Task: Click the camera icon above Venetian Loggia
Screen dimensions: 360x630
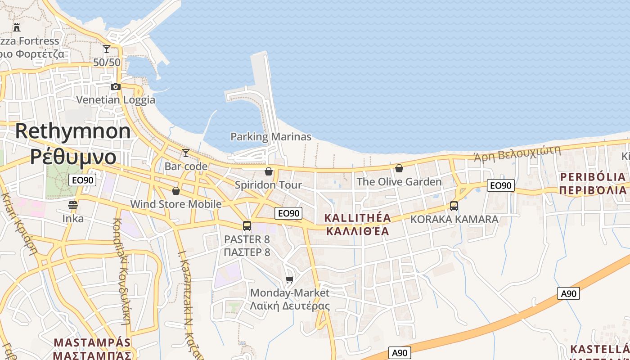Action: (x=116, y=86)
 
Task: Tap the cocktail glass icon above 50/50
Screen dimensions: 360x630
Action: (x=107, y=49)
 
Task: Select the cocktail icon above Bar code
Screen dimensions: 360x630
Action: (x=185, y=153)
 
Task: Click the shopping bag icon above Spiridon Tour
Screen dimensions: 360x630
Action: (x=269, y=171)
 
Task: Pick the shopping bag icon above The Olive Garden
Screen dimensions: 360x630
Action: (x=399, y=168)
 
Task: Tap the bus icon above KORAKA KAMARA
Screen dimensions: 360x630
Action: (x=454, y=206)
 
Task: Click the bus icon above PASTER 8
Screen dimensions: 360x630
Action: (x=247, y=226)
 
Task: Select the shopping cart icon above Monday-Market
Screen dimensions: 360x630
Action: (x=290, y=279)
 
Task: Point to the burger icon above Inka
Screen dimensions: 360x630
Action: (x=73, y=205)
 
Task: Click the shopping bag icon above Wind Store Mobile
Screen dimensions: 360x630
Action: (x=176, y=191)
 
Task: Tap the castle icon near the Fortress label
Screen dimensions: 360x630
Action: (x=17, y=27)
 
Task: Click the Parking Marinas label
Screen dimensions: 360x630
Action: (x=270, y=136)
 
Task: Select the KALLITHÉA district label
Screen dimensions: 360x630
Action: (x=357, y=218)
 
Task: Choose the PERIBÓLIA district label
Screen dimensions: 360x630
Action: (x=593, y=176)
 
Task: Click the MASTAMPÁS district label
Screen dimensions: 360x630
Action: (x=92, y=342)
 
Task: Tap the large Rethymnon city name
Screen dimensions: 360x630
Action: (x=73, y=131)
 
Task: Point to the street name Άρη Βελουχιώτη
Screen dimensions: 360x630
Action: (x=517, y=153)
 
